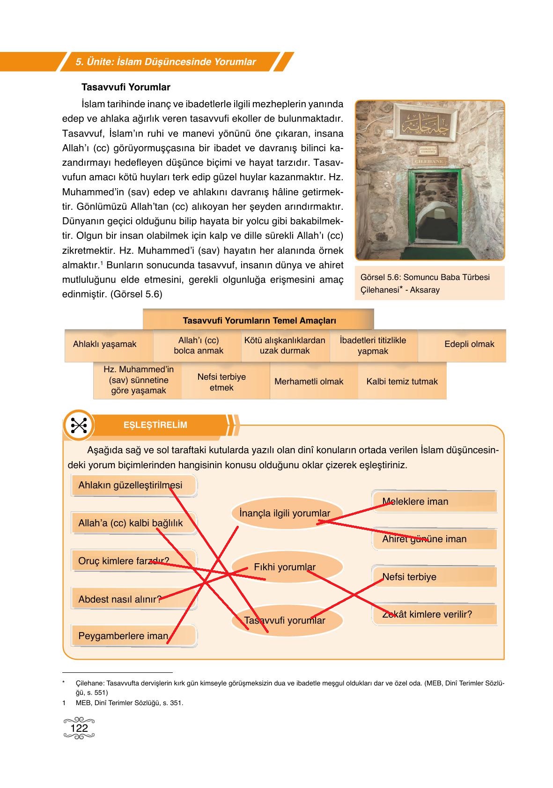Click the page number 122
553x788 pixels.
tap(79, 728)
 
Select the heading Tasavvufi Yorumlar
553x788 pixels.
tap(126, 87)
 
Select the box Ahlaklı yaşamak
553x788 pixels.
tap(105, 345)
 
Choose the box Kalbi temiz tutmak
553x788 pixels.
tap(402, 382)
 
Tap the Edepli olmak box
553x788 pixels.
tap(469, 345)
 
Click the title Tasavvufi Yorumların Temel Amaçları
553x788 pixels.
tap(259, 321)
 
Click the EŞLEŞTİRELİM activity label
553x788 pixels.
tap(155, 425)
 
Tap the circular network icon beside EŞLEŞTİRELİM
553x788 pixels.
tap(79, 425)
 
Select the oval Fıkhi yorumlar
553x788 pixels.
tap(285, 567)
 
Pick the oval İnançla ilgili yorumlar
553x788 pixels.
tap(285, 514)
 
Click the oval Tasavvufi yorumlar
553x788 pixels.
tap(285, 620)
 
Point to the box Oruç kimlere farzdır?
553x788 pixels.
tap(124, 561)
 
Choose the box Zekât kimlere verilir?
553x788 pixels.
tap(427, 614)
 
